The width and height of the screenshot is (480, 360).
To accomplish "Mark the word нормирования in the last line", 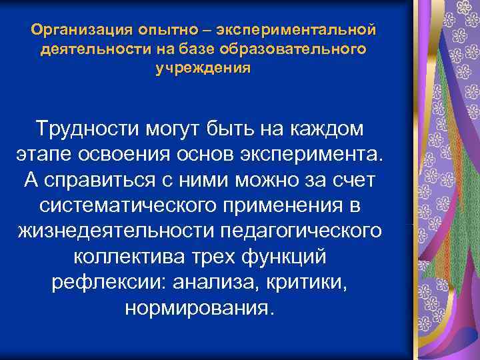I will coord(198,309).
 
